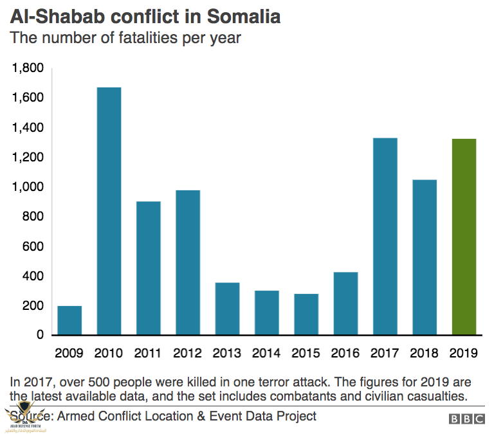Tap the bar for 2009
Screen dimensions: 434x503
[x=69, y=320]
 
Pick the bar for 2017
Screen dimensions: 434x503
[x=385, y=237]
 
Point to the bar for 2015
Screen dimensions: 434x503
[x=306, y=314]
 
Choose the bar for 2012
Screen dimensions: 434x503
[x=188, y=262]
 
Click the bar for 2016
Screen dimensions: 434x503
[x=346, y=303]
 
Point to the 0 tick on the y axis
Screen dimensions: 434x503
[x=39, y=335]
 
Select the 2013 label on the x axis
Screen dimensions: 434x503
[x=227, y=354]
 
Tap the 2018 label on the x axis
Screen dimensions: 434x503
[x=425, y=354]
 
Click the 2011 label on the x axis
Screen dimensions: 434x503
[x=148, y=354]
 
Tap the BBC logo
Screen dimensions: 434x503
[x=467, y=419]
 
